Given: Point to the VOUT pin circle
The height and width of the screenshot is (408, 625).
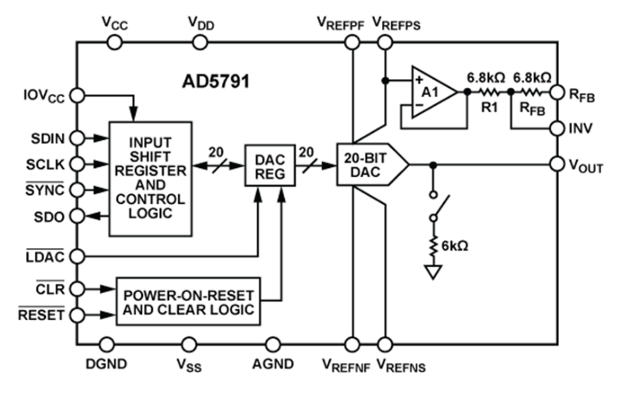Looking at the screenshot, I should pyautogui.click(x=556, y=164).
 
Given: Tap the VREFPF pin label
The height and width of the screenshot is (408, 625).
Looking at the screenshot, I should pyautogui.click(x=339, y=22).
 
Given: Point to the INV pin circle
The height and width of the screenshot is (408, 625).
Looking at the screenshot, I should pyautogui.click(x=556, y=127).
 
